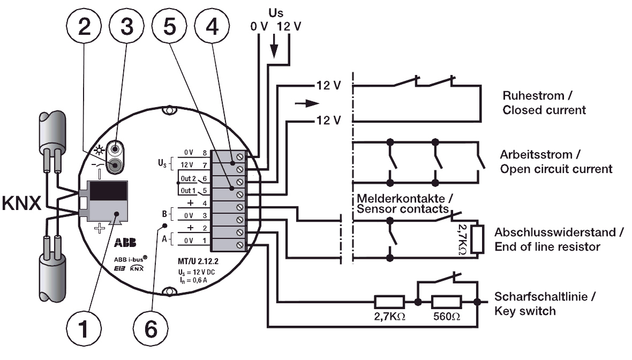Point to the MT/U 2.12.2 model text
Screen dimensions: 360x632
pos(199,262)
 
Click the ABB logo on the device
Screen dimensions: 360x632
pos(125,243)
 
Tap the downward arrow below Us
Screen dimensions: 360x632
pos(275,48)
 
